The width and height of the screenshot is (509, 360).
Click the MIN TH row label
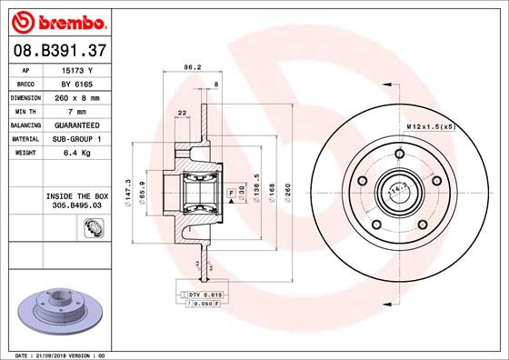25,110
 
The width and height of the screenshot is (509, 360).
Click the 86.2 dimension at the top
192,66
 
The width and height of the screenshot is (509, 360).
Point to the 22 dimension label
183,112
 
